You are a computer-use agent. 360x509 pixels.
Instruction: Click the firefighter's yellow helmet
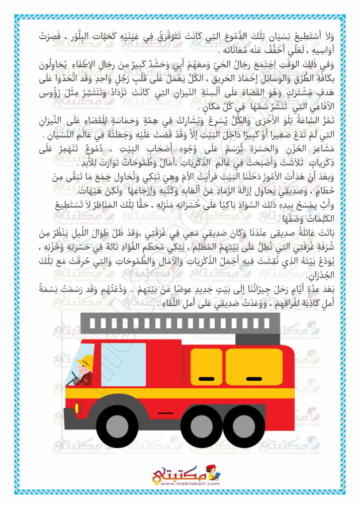[x=87, y=360]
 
